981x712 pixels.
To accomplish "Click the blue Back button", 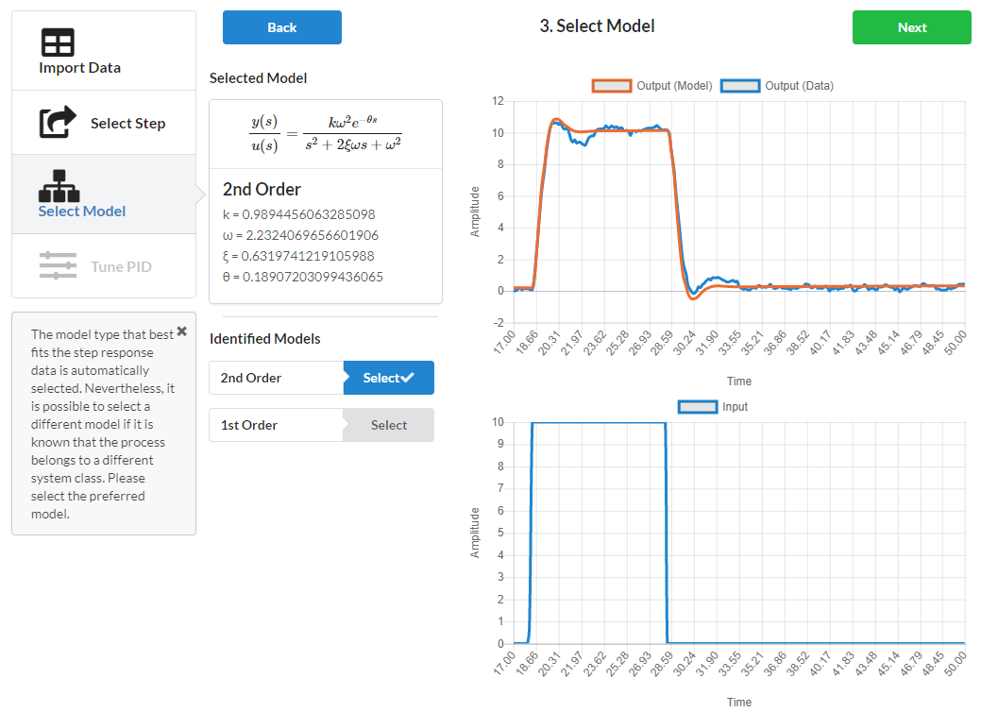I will click(x=281, y=27).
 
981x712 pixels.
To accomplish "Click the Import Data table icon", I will click(x=59, y=42).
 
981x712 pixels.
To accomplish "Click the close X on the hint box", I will click(x=182, y=331).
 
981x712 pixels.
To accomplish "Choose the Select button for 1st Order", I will click(x=388, y=425).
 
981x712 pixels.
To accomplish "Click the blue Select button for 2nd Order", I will click(x=388, y=378).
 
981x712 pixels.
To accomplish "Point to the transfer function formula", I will click(x=325, y=134).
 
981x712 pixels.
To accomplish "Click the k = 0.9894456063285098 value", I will click(x=298, y=214).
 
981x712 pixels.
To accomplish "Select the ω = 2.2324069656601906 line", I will click(x=300, y=235).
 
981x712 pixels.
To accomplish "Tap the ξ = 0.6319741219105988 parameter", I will click(x=298, y=256).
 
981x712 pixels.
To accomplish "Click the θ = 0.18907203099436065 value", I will click(x=302, y=277).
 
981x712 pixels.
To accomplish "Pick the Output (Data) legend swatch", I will click(x=740, y=86).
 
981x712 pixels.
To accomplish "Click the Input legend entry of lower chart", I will click(x=713, y=407).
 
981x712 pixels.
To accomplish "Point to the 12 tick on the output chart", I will click(x=498, y=101).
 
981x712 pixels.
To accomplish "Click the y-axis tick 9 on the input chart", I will click(x=500, y=445).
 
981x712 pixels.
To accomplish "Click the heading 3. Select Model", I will click(x=597, y=26).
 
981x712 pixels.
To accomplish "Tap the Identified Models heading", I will click(x=264, y=338).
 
